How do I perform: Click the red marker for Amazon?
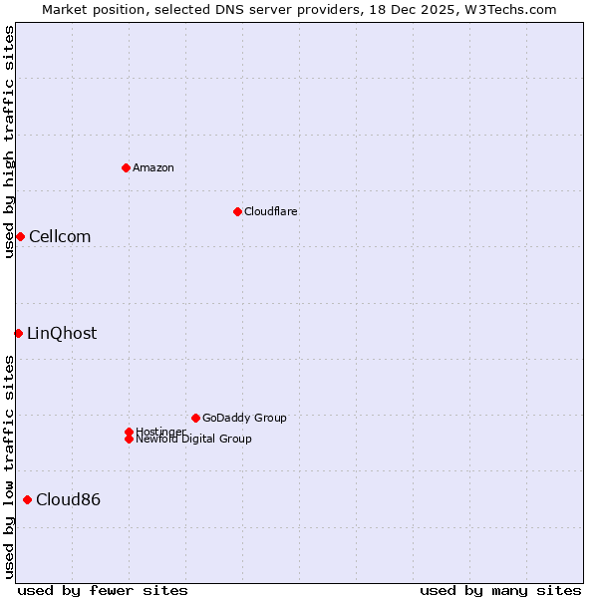click(x=126, y=167)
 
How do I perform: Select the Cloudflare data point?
click(x=237, y=211)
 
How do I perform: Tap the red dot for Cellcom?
click(x=20, y=236)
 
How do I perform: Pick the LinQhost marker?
click(x=18, y=333)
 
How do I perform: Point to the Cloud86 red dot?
click(x=27, y=499)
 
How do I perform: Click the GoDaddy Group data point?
click(x=195, y=418)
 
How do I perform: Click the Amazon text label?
click(x=153, y=167)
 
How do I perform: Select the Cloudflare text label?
click(x=270, y=211)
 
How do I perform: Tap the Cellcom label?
click(x=60, y=236)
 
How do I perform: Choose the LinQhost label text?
click(x=62, y=333)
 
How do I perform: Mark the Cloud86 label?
click(x=68, y=499)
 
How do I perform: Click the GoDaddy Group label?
click(x=244, y=418)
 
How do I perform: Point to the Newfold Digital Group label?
click(x=193, y=439)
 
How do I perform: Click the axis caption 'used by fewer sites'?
click(x=103, y=590)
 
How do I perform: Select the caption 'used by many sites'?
click(x=500, y=590)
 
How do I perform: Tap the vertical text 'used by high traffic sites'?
click(x=9, y=142)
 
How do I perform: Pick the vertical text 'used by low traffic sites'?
click(x=9, y=466)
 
